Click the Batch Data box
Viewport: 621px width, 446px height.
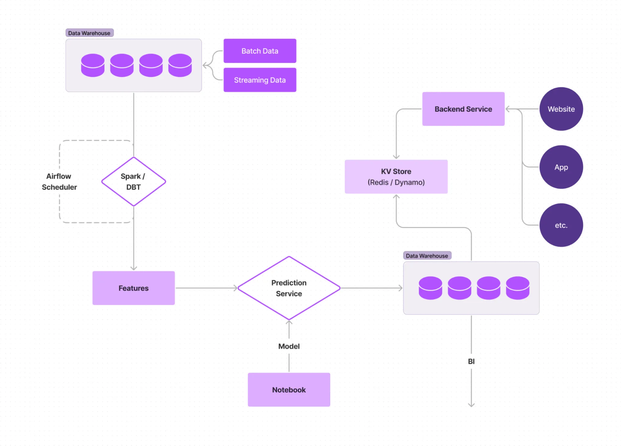pos(260,51)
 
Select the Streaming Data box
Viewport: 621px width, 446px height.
pos(260,80)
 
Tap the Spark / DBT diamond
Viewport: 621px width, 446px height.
pos(134,182)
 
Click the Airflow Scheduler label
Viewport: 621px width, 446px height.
pos(59,182)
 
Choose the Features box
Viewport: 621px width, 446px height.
pos(134,288)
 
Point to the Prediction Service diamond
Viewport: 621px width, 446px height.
pos(289,288)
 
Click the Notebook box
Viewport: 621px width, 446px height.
pos(289,390)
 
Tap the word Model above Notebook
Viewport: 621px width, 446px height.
pos(289,346)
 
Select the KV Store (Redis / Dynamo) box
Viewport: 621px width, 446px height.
pos(396,177)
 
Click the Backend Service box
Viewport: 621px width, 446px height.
pos(463,109)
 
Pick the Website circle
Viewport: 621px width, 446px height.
pos(561,109)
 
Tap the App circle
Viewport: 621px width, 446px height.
pos(561,167)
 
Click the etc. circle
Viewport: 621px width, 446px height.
pos(561,225)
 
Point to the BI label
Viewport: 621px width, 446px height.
pos(471,362)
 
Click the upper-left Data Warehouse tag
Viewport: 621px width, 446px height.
pos(89,33)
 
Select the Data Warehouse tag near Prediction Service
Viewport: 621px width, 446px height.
pos(427,256)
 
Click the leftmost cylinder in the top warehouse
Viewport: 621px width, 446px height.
pos(93,65)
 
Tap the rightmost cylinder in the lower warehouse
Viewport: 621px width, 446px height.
pos(518,288)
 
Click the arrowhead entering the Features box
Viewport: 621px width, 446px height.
pos(134,268)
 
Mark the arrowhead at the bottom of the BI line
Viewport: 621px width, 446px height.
pos(471,405)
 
